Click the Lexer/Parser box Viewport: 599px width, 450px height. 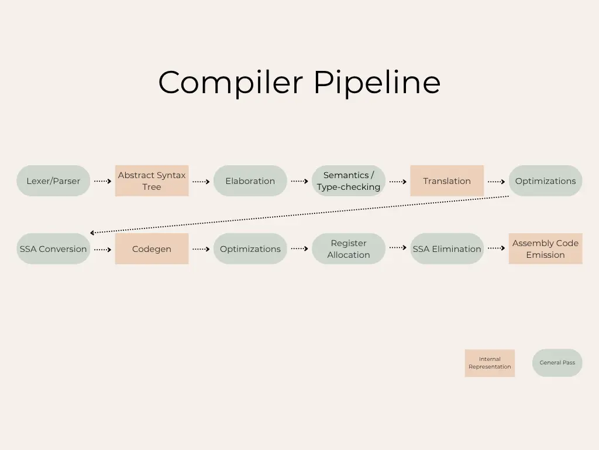[x=53, y=181]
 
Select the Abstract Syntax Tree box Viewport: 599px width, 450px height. [x=152, y=181]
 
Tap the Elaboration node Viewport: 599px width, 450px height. [x=250, y=181]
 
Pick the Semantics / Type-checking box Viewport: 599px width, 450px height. [x=349, y=181]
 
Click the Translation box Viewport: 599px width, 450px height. [x=447, y=181]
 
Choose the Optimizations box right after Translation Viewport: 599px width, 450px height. [x=545, y=181]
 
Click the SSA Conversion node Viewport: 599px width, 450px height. [x=53, y=249]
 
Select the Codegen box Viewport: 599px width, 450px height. [x=152, y=249]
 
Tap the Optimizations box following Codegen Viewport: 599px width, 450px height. [x=250, y=249]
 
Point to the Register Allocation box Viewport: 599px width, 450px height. [x=349, y=249]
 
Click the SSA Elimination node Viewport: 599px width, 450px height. [x=447, y=249]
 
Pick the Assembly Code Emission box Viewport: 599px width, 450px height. [x=545, y=249]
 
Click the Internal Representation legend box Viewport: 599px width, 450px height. [x=490, y=363]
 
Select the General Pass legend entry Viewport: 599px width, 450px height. [x=557, y=363]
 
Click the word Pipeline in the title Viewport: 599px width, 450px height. [x=377, y=83]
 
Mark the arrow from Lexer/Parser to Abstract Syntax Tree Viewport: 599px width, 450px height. [x=102, y=182]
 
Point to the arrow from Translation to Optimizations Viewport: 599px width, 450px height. [x=496, y=182]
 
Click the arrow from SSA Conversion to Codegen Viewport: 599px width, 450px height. [x=102, y=250]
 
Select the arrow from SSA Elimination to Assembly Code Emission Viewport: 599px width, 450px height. [x=496, y=248]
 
